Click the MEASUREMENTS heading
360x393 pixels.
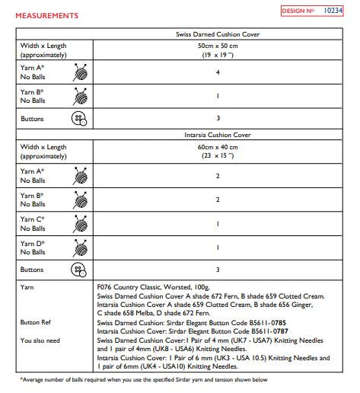[46, 15]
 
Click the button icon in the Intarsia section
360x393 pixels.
[78, 270]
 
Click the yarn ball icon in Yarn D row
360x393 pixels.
[78, 247]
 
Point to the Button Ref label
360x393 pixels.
[36, 322]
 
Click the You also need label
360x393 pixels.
[40, 340]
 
